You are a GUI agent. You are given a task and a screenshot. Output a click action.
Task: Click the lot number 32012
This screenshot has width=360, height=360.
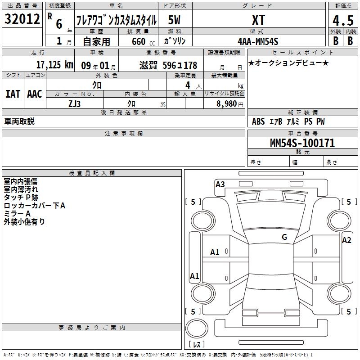point(22,19)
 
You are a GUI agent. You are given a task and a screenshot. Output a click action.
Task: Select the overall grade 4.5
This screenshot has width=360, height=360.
point(343,20)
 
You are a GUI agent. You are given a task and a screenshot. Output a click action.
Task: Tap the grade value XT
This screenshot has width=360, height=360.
point(258,20)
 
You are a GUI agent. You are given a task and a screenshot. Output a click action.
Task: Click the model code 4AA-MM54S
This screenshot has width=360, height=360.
point(258,41)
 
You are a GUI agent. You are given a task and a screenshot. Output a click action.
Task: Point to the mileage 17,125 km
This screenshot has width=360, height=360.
point(54,65)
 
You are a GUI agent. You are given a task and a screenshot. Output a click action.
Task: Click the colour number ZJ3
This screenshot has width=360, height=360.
point(74,104)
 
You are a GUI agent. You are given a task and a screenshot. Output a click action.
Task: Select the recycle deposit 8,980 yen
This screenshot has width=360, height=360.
point(229,104)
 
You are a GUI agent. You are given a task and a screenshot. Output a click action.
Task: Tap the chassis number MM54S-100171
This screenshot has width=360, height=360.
point(302,143)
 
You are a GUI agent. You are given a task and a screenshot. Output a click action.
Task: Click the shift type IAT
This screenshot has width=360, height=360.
point(13,94)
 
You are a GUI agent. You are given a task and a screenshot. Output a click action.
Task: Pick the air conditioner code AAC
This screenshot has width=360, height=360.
point(35,94)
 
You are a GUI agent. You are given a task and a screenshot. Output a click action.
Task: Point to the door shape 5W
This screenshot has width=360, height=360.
point(174,20)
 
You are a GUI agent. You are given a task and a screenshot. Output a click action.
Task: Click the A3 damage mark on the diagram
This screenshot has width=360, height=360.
point(220,184)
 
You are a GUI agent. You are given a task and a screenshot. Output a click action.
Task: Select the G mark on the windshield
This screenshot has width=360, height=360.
point(284,237)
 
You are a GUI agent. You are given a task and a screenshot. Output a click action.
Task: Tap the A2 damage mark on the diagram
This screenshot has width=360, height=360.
point(346,240)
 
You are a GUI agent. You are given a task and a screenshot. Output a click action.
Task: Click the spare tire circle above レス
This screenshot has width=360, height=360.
point(197,328)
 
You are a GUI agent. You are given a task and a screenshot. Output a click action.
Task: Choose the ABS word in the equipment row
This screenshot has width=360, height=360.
point(258,121)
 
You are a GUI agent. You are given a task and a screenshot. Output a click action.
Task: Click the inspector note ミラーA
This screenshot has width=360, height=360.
point(17,213)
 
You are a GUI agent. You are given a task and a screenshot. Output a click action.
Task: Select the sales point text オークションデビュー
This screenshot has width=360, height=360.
point(288,63)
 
